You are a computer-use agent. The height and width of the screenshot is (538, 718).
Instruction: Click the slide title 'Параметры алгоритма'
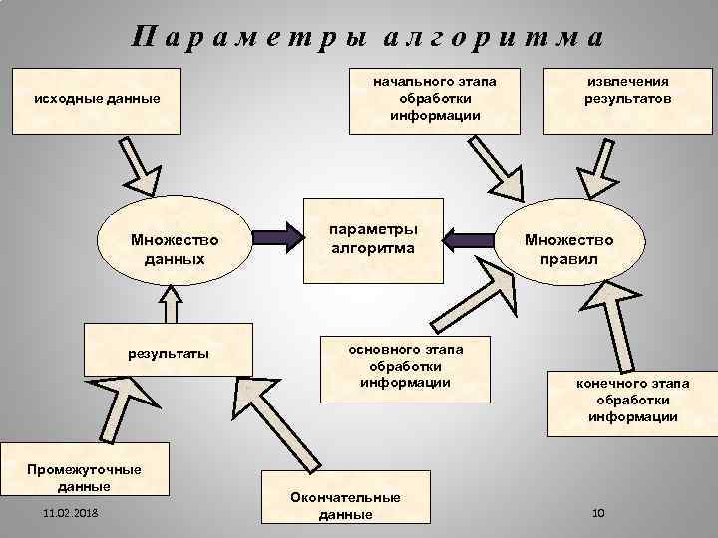(367, 37)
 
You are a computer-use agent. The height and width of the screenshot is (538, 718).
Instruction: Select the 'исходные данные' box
(96, 101)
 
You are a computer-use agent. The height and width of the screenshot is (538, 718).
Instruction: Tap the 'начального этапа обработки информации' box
(435, 99)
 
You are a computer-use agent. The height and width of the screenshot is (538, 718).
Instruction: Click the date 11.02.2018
(71, 513)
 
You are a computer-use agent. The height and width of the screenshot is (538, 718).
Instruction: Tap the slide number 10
(599, 512)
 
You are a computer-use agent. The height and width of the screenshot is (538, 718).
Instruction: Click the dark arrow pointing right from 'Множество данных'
(281, 238)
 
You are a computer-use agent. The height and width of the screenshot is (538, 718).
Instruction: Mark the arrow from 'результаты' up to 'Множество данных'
(171, 304)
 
